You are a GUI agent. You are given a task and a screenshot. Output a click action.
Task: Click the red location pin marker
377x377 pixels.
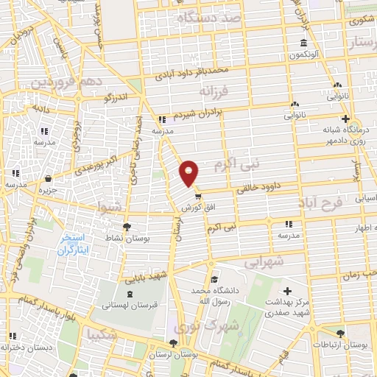pyautogui.click(x=189, y=172)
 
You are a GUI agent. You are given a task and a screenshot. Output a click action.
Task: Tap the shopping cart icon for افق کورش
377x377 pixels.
pyautogui.click(x=197, y=196)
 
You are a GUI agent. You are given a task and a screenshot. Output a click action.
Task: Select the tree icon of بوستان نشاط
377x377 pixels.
pyautogui.click(x=126, y=227)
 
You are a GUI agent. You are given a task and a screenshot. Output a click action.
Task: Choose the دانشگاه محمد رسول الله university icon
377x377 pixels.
pyautogui.click(x=214, y=280)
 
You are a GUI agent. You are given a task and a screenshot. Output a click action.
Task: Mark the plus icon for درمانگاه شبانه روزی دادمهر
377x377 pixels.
pyautogui.click(x=345, y=118)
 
